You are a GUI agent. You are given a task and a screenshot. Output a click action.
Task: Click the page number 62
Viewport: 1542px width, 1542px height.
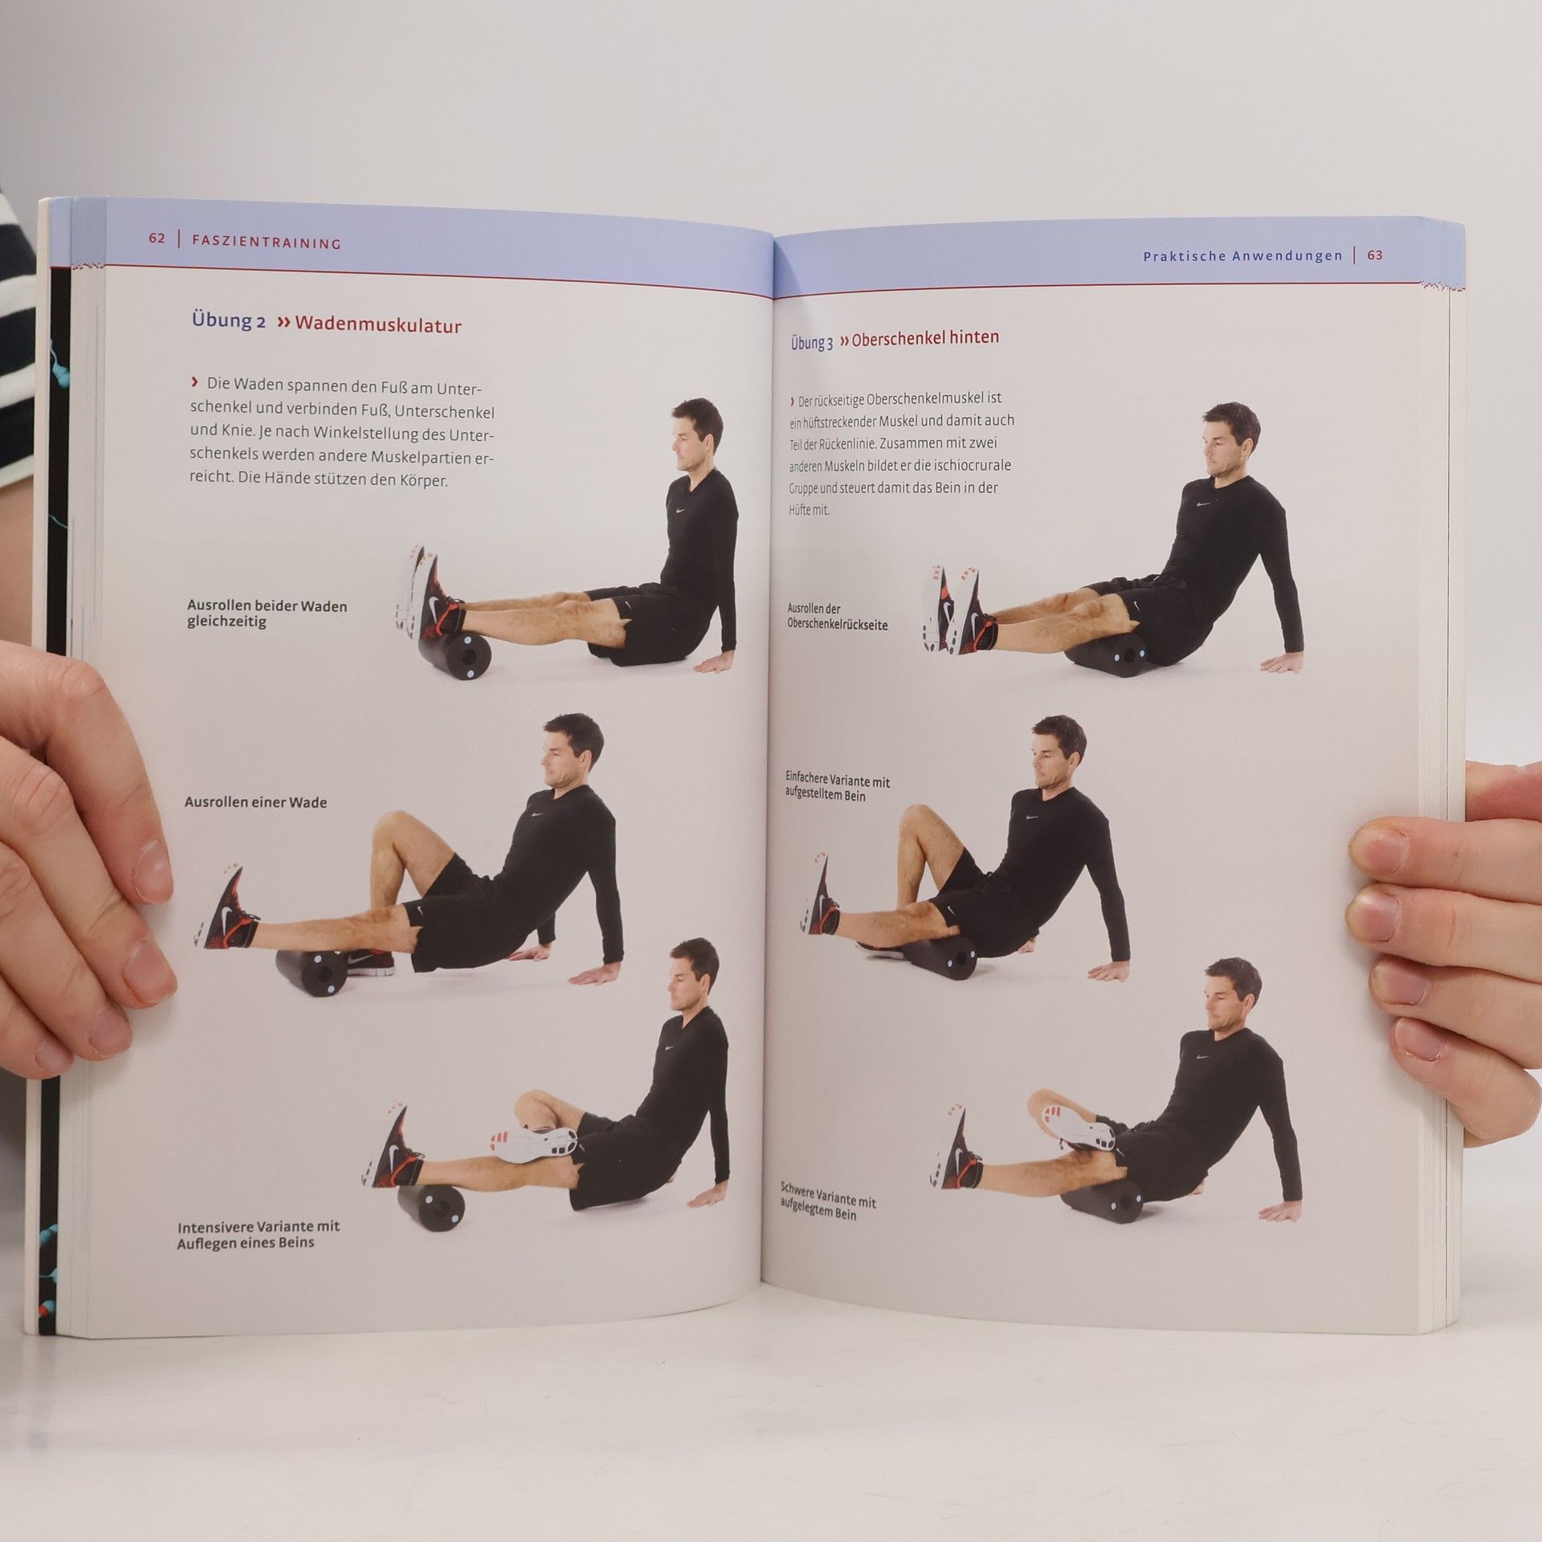pyautogui.click(x=157, y=238)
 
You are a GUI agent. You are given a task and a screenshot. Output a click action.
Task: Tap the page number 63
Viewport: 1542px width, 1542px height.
pyautogui.click(x=1375, y=255)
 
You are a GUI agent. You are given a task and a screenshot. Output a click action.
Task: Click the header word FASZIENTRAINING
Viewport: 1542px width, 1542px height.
pyautogui.click(x=267, y=242)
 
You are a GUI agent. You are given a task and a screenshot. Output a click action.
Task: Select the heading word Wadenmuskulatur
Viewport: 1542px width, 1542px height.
pyautogui.click(x=378, y=324)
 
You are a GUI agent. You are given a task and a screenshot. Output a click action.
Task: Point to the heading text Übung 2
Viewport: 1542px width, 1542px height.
pyautogui.click(x=228, y=320)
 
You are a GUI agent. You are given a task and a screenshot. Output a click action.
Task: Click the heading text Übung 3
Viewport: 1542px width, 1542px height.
pyautogui.click(x=812, y=343)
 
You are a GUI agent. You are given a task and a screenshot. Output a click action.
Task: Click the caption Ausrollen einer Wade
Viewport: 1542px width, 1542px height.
pyautogui.click(x=255, y=802)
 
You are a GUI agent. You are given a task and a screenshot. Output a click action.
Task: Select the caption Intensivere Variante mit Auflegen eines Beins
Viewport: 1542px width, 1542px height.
pyautogui.click(x=258, y=1234)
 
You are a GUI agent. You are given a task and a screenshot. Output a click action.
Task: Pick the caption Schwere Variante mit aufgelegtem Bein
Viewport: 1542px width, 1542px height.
pyautogui.click(x=827, y=1201)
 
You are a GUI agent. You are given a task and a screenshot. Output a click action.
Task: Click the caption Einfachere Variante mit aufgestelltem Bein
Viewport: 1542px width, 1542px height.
pyautogui.click(x=837, y=787)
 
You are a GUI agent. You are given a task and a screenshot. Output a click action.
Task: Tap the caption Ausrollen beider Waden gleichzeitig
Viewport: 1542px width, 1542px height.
pyautogui.click(x=267, y=614)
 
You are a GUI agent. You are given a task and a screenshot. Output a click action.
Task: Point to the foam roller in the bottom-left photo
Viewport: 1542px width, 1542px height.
pyautogui.click(x=430, y=1206)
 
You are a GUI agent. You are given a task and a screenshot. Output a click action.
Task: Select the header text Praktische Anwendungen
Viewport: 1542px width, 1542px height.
pyautogui.click(x=1242, y=256)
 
